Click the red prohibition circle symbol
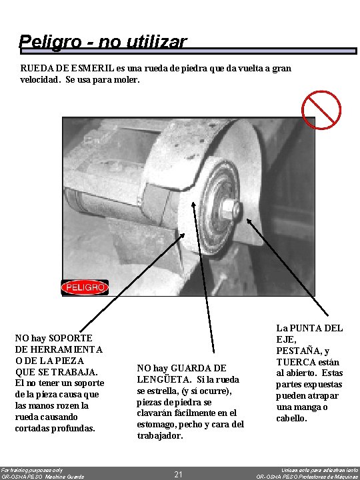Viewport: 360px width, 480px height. click(321, 109)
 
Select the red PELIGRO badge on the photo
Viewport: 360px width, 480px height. click(85, 287)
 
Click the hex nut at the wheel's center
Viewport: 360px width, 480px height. click(229, 209)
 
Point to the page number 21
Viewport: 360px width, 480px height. click(178, 474)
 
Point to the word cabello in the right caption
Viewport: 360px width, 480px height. click(293, 419)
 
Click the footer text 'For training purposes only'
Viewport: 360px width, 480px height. click(31, 469)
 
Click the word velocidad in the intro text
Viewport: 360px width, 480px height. click(40, 79)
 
